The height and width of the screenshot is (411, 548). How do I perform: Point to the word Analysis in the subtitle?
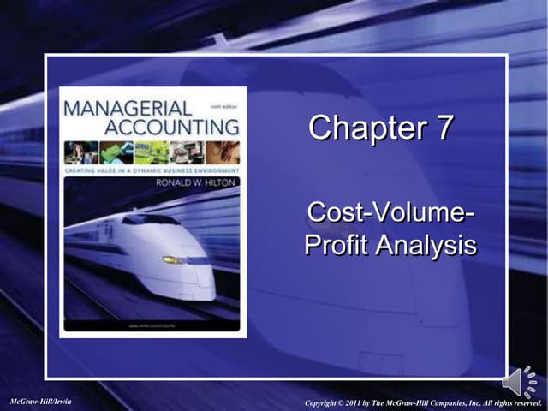point(428,245)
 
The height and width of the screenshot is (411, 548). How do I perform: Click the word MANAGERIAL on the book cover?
point(128,109)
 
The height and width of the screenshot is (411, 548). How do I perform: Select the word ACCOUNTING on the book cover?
point(172,127)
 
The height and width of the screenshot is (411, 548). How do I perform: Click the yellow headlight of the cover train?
point(175,259)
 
